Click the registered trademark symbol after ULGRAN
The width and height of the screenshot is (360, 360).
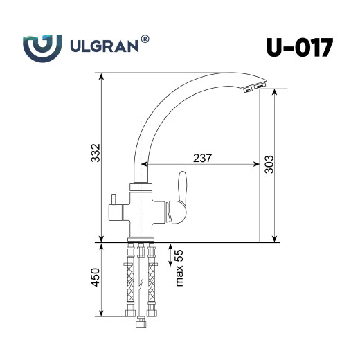[x=145, y=40]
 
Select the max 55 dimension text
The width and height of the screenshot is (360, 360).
[x=179, y=267]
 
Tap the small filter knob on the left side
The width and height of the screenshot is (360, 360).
[x=113, y=206]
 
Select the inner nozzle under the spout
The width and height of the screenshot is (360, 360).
[x=246, y=89]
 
